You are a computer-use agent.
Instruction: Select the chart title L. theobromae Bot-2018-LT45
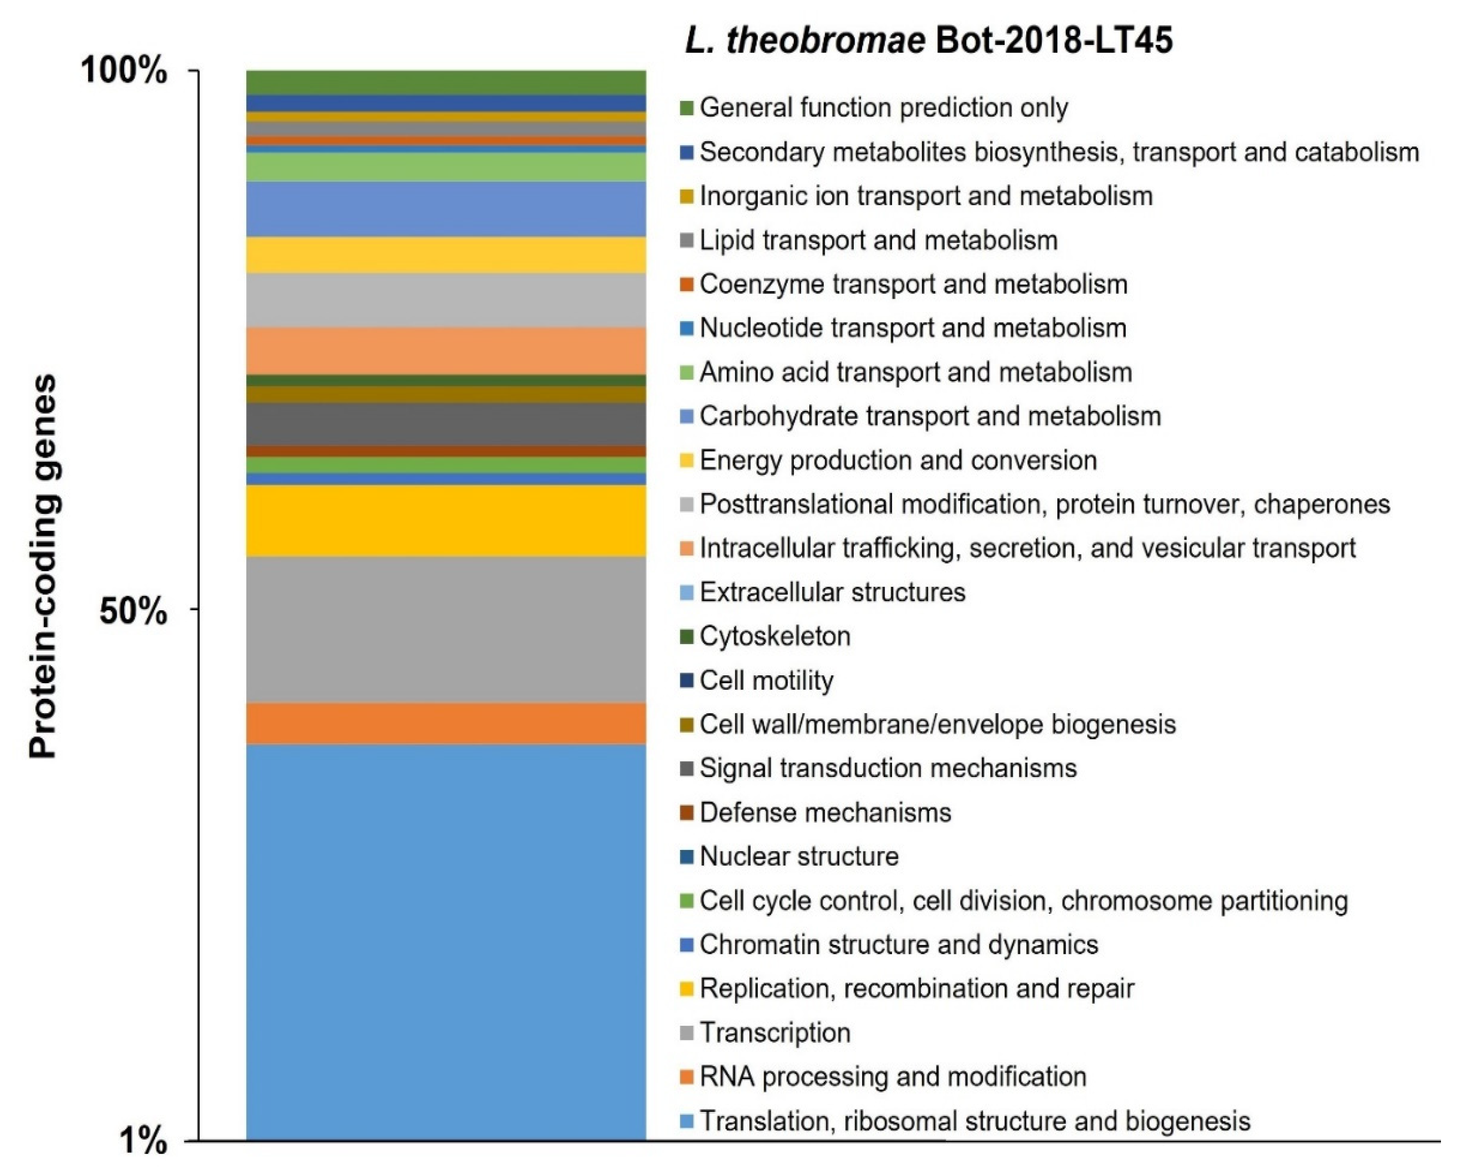(929, 40)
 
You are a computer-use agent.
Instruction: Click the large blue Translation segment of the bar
(445, 942)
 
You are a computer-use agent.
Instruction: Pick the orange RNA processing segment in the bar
(445, 723)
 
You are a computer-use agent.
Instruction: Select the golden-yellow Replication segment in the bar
(445, 520)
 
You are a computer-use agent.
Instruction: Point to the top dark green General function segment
(445, 82)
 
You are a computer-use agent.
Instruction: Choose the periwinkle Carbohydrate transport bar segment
(445, 209)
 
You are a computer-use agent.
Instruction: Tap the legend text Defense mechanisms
(825, 812)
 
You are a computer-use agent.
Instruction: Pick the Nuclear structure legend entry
(799, 856)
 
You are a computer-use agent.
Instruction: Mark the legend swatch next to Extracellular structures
(687, 593)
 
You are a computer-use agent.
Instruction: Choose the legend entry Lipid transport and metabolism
(878, 240)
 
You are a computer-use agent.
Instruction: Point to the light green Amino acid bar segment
(445, 167)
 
